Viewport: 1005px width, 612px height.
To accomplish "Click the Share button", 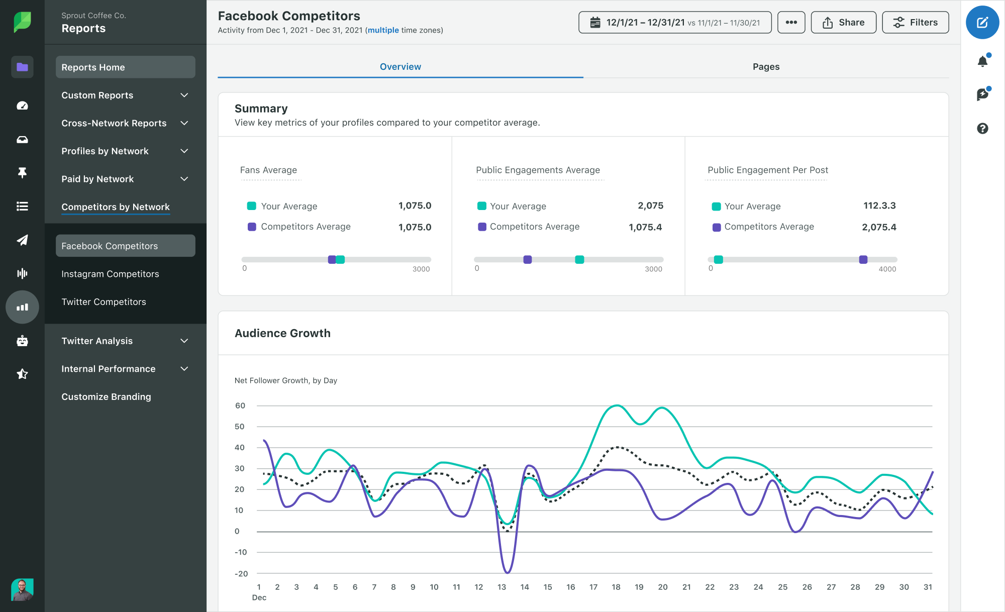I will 843,23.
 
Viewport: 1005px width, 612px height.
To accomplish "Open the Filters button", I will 915,23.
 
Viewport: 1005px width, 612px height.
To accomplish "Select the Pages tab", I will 766,67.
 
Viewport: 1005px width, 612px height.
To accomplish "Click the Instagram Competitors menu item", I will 110,274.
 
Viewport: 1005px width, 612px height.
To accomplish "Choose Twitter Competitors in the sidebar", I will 104,302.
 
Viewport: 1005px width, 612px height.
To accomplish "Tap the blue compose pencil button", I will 982,23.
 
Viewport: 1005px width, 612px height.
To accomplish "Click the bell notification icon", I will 982,61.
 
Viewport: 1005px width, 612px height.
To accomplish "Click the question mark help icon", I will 982,129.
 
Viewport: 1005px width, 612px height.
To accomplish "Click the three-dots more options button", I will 791,23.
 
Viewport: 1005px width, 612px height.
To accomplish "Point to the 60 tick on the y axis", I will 240,405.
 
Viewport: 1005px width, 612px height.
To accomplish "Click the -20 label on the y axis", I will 241,573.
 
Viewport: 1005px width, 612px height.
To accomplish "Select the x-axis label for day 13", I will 501,587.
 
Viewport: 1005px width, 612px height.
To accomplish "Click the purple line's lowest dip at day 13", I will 507,572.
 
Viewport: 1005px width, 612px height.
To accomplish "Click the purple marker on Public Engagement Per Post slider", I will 863,260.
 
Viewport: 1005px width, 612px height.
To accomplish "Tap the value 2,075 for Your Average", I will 650,206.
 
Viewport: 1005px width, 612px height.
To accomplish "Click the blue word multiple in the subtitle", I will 383,30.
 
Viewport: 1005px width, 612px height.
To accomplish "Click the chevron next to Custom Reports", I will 184,95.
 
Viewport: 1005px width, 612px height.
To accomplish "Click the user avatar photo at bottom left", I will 22,589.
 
